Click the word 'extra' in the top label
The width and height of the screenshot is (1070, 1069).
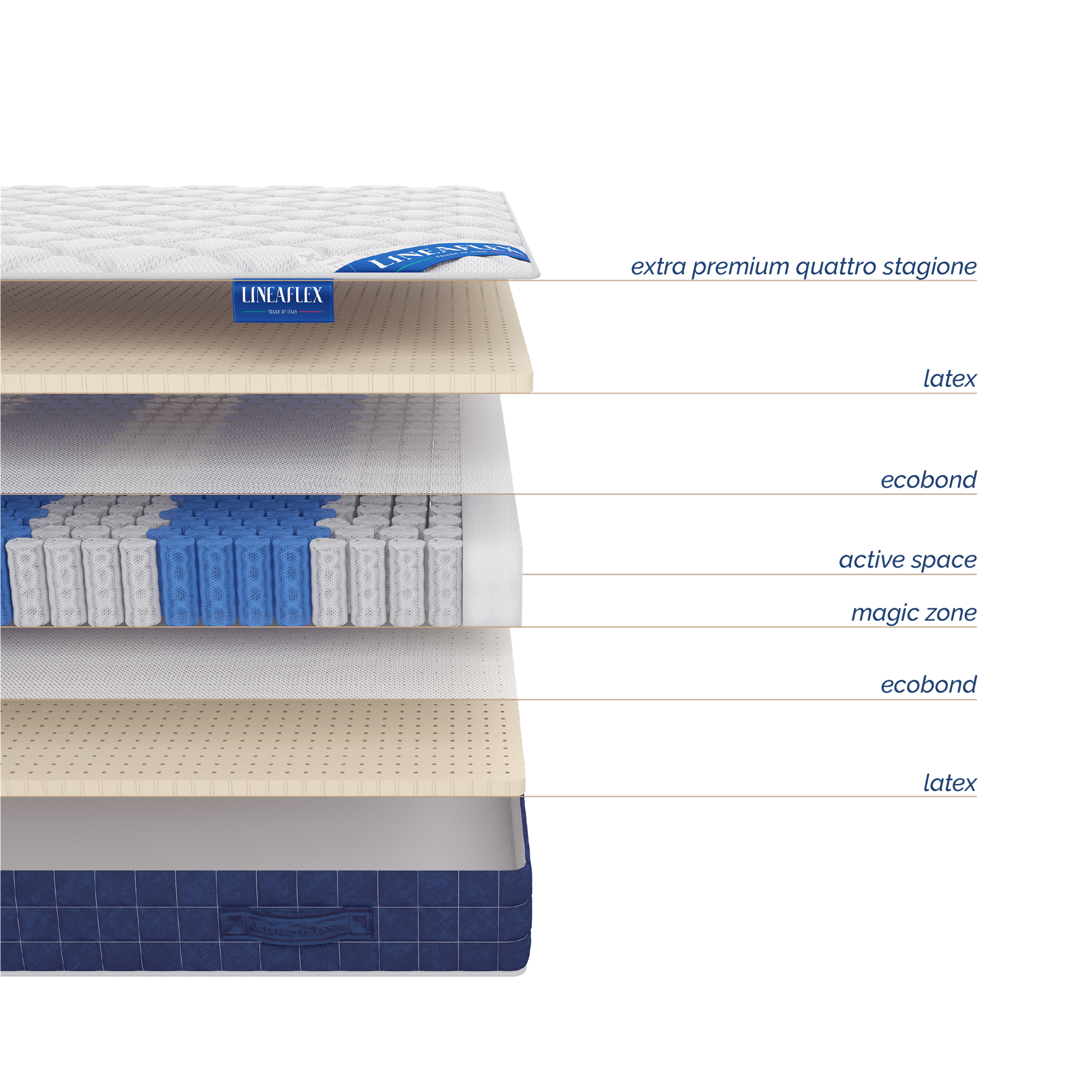tap(658, 267)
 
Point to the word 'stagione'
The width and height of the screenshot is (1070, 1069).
tap(929, 267)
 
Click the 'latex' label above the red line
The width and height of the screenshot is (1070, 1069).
tap(949, 379)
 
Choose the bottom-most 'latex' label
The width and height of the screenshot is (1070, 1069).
tap(949, 783)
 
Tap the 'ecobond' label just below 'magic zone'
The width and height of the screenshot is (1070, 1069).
tap(929, 685)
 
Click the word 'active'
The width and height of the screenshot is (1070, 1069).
tap(871, 560)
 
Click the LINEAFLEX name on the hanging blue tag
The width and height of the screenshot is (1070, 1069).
tap(282, 296)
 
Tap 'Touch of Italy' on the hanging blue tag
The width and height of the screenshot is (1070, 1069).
tap(282, 312)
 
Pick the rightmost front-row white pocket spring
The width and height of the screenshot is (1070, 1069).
tap(445, 581)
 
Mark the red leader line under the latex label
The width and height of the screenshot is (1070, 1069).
tap(753, 391)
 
